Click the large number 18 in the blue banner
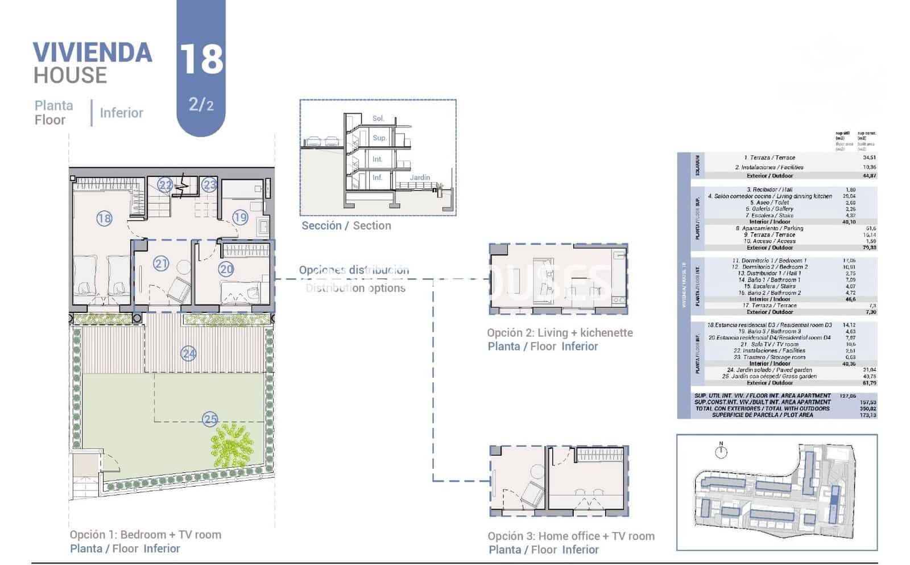(201, 59)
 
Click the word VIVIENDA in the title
(93, 53)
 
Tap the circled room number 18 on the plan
(104, 218)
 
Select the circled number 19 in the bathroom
(240, 217)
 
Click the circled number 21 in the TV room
(161, 263)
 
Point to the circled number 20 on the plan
(226, 269)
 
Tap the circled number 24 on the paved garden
(188, 354)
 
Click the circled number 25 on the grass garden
(210, 419)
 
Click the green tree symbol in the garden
(231, 446)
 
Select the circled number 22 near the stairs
(165, 185)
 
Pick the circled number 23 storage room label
(209, 185)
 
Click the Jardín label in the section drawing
(420, 178)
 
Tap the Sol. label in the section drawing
(378, 118)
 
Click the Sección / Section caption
(346, 225)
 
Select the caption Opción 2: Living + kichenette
(560, 332)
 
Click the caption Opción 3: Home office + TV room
(570, 535)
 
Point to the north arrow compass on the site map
(721, 451)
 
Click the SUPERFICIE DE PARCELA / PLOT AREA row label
(762, 415)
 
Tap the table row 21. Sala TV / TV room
(769, 344)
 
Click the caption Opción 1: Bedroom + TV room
(145, 534)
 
